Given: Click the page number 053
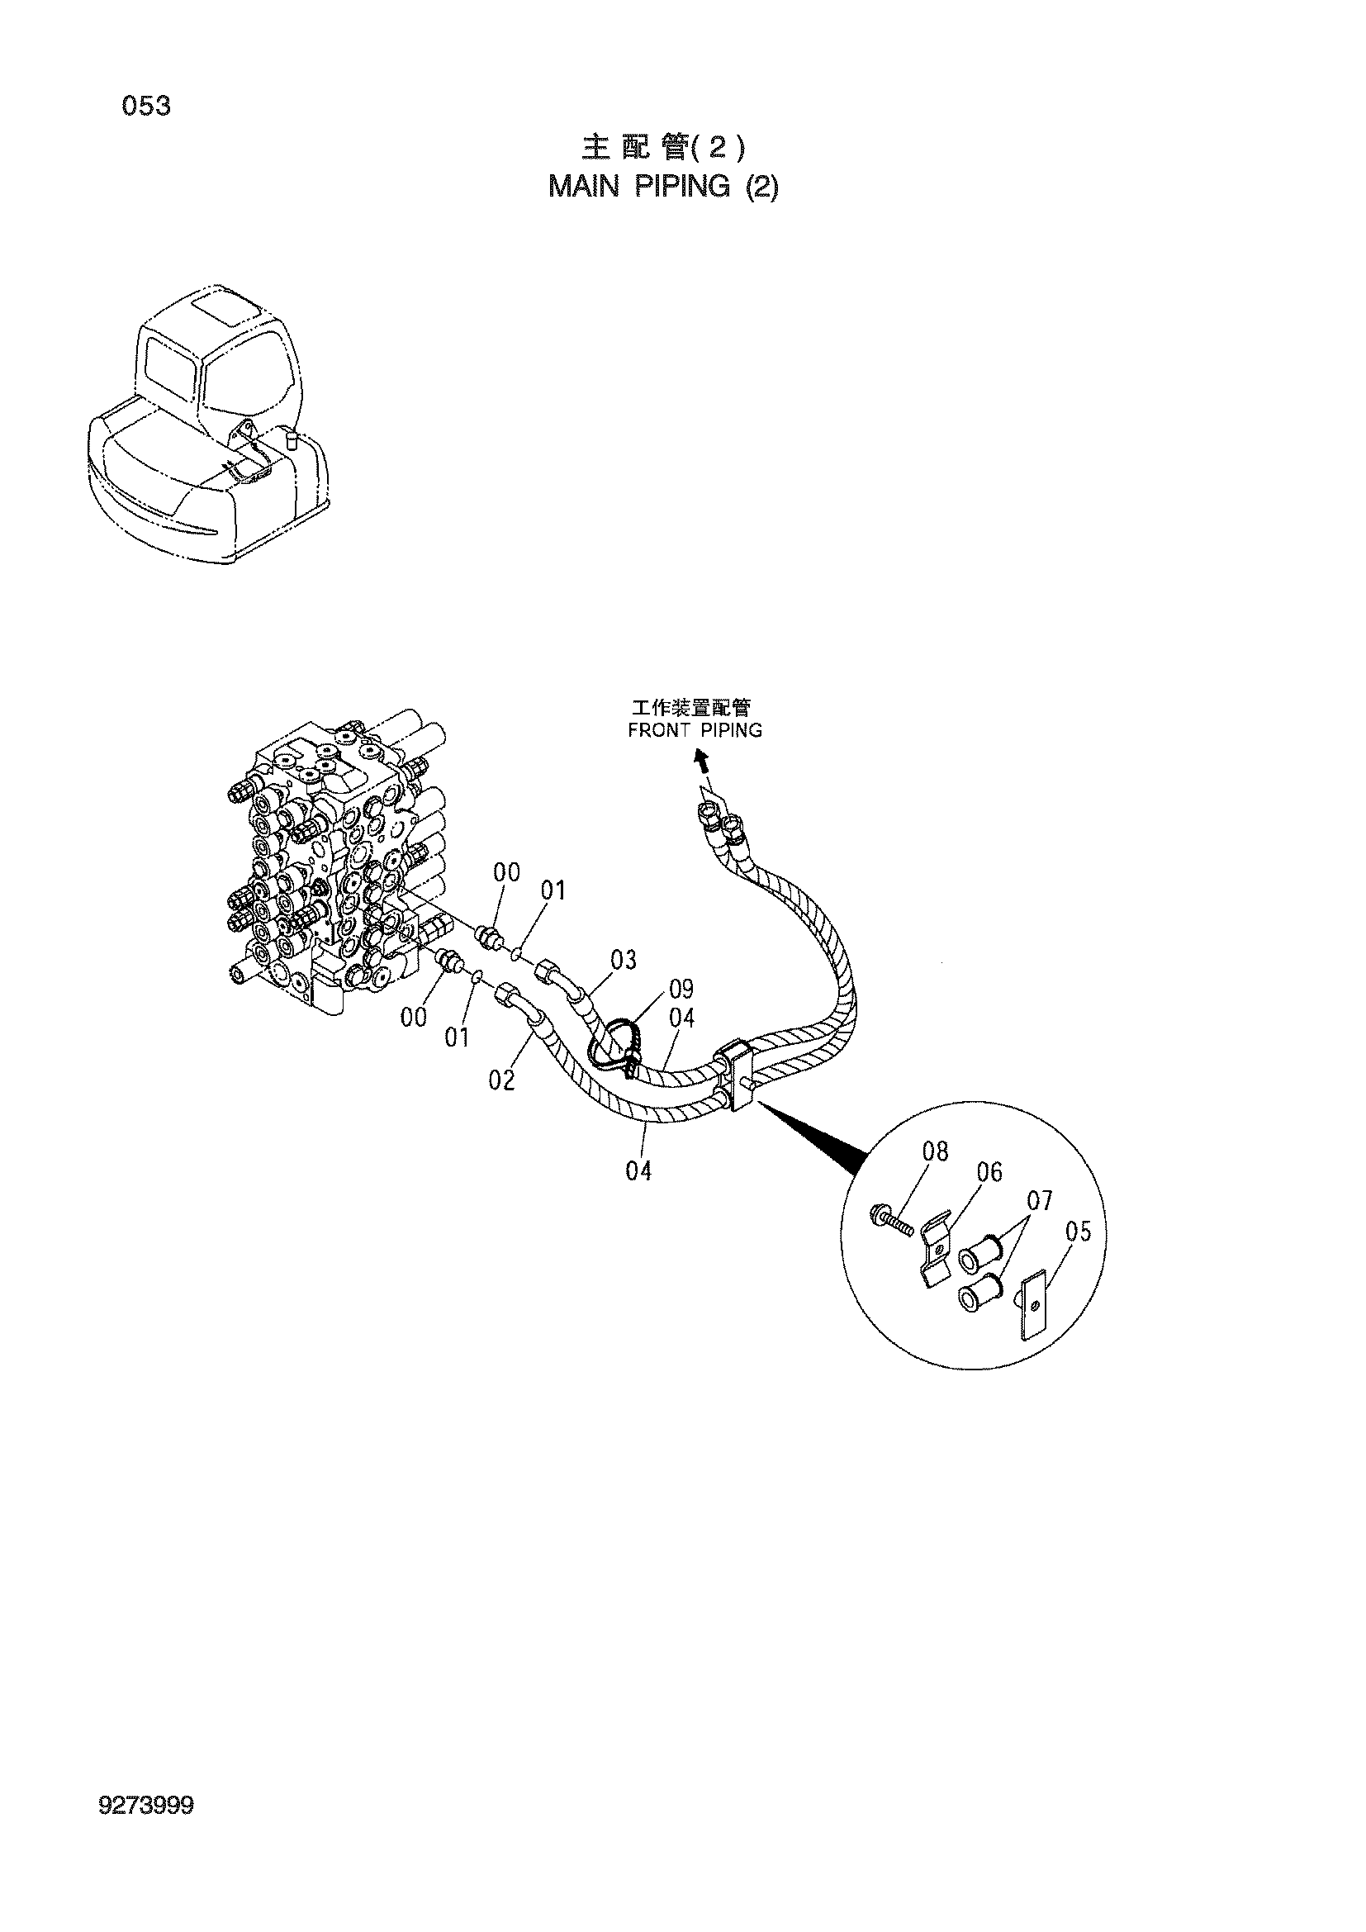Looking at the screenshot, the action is click(146, 107).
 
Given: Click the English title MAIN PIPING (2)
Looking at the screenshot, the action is click(663, 187).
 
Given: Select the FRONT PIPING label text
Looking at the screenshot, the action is click(695, 729).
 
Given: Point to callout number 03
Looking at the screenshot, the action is click(624, 959).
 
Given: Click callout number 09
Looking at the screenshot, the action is click(681, 988).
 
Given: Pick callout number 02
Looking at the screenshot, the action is click(501, 1080).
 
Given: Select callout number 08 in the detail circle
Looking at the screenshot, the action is click(936, 1151).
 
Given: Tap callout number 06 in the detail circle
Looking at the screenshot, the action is click(989, 1172).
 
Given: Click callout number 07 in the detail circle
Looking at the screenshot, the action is click(1040, 1201).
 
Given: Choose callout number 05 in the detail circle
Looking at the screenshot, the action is click(1078, 1232).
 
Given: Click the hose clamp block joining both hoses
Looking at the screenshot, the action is click(736, 1077).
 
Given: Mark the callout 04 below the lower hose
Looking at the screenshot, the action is click(638, 1170).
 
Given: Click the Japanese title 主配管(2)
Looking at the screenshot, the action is click(663, 148).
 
